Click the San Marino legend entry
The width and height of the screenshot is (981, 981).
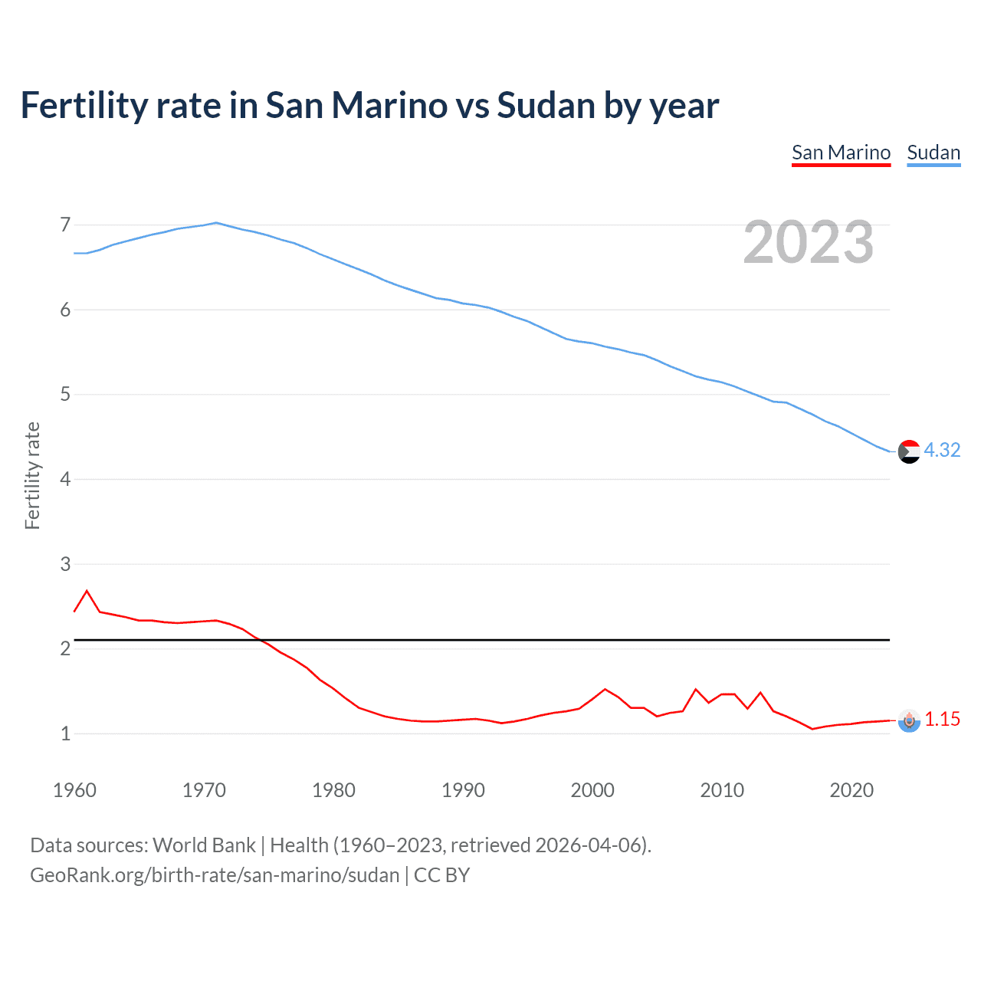pos(841,153)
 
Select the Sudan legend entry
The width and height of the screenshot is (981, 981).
pos(933,153)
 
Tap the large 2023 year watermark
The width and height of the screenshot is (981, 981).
pos(809,242)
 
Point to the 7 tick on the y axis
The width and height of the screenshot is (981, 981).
pos(65,225)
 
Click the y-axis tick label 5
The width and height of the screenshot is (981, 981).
pos(65,395)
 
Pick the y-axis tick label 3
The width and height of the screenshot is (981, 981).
pos(65,565)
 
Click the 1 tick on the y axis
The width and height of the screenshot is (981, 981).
pos(65,734)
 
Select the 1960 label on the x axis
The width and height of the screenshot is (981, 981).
pos(74,790)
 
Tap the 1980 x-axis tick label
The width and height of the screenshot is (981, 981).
pos(333,790)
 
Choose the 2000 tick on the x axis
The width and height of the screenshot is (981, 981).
pos(592,790)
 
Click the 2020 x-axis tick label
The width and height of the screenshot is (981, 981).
pos(851,790)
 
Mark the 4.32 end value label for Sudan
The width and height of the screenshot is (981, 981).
pos(942,450)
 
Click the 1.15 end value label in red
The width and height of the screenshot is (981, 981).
pos(942,719)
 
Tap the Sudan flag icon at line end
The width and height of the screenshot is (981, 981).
pos(909,452)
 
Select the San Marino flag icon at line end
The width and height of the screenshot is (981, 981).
pos(909,720)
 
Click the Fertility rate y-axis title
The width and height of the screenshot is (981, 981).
pos(32,475)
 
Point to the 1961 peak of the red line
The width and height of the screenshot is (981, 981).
pos(87,591)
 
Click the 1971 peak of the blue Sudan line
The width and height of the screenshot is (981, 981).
pos(216,223)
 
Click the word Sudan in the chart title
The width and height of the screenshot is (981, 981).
pos(546,105)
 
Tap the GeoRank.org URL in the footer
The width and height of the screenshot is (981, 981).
pos(215,875)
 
